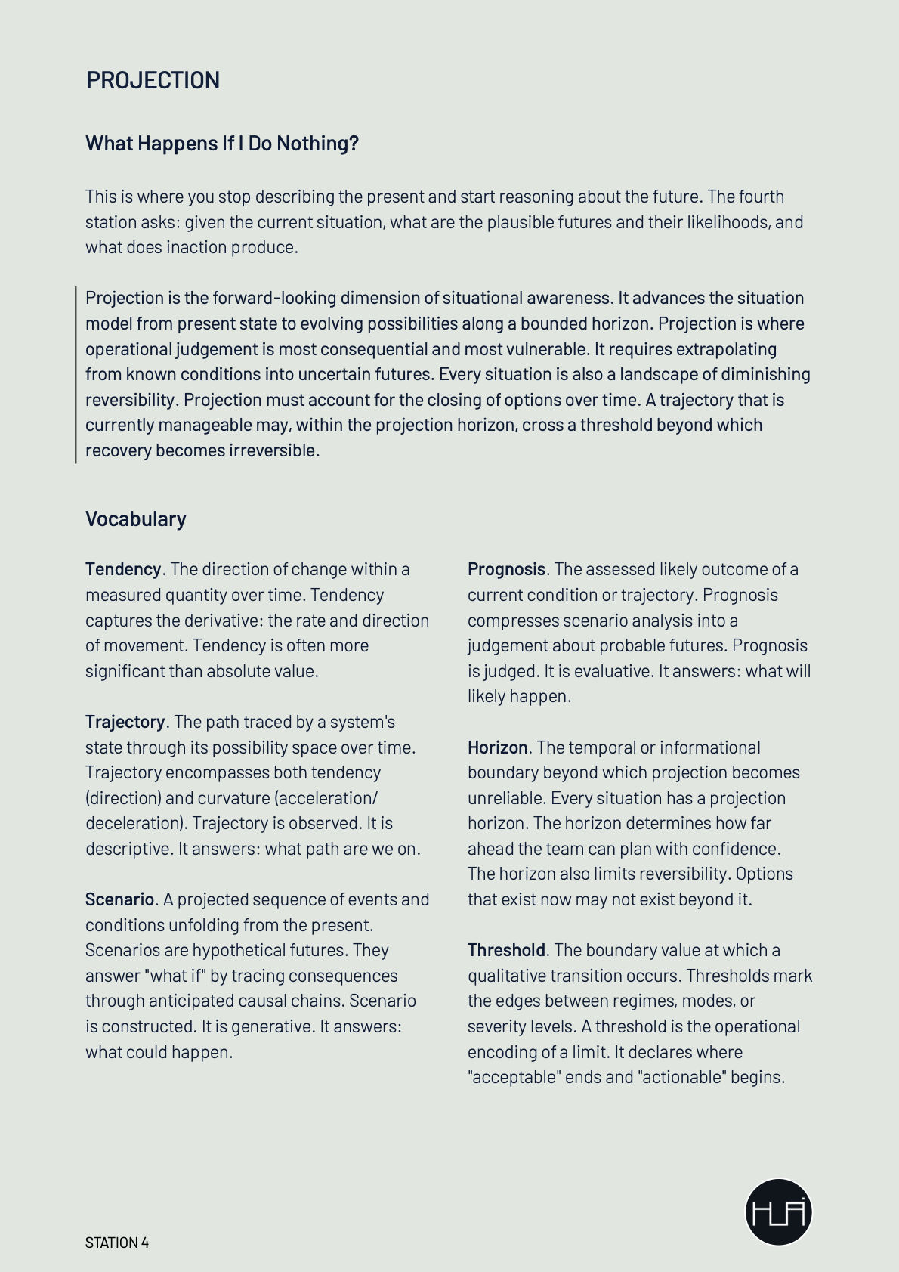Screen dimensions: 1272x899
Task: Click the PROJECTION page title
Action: (153, 80)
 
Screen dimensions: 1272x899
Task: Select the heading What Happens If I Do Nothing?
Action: (221, 143)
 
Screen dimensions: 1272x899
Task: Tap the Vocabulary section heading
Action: (135, 519)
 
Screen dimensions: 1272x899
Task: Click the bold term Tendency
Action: (123, 569)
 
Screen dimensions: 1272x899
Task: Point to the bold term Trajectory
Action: (125, 722)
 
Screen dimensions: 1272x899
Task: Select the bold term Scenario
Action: (119, 899)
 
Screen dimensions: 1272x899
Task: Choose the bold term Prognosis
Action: (506, 569)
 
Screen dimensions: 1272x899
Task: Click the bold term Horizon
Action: (497, 747)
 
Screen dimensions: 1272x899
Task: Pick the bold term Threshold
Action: (506, 950)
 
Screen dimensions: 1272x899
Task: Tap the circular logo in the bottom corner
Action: (778, 1212)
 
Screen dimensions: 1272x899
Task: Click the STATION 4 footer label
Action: (117, 1243)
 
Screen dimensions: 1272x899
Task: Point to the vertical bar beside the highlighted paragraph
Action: (76, 374)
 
